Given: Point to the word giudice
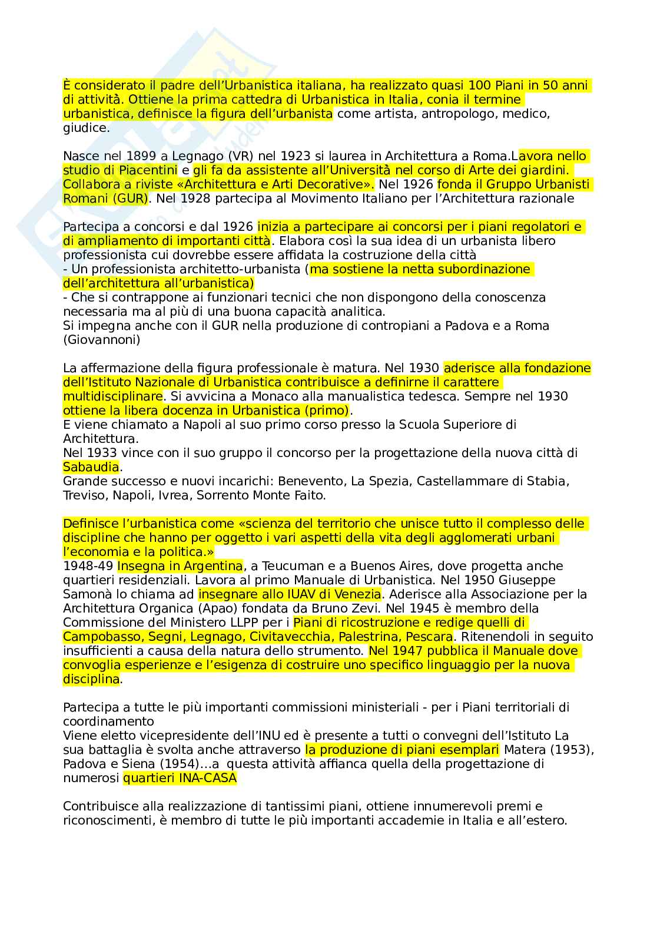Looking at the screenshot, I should click(x=85, y=128).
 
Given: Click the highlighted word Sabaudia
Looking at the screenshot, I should click(x=91, y=467).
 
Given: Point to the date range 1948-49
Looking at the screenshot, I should click(x=88, y=566).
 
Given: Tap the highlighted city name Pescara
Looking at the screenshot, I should click(x=430, y=637).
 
